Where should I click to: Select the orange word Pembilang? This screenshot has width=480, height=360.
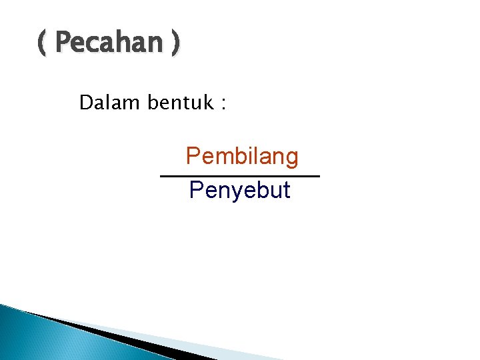pyautogui.click(x=242, y=157)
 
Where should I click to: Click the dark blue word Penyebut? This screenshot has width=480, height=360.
pyautogui.click(x=239, y=191)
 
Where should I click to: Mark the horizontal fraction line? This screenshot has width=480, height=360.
pyautogui.click(x=240, y=176)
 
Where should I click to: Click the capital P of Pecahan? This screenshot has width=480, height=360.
pyautogui.click(x=63, y=44)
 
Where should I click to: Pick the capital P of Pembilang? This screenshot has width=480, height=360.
pyautogui.click(x=193, y=157)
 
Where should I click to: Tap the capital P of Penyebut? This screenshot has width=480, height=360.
pyautogui.click(x=196, y=190)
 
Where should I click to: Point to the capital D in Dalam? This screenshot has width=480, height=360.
pyautogui.click(x=85, y=103)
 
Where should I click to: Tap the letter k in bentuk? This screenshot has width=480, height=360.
pyautogui.click(x=205, y=103)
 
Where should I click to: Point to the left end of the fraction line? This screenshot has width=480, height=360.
pyautogui.click(x=162, y=176)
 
